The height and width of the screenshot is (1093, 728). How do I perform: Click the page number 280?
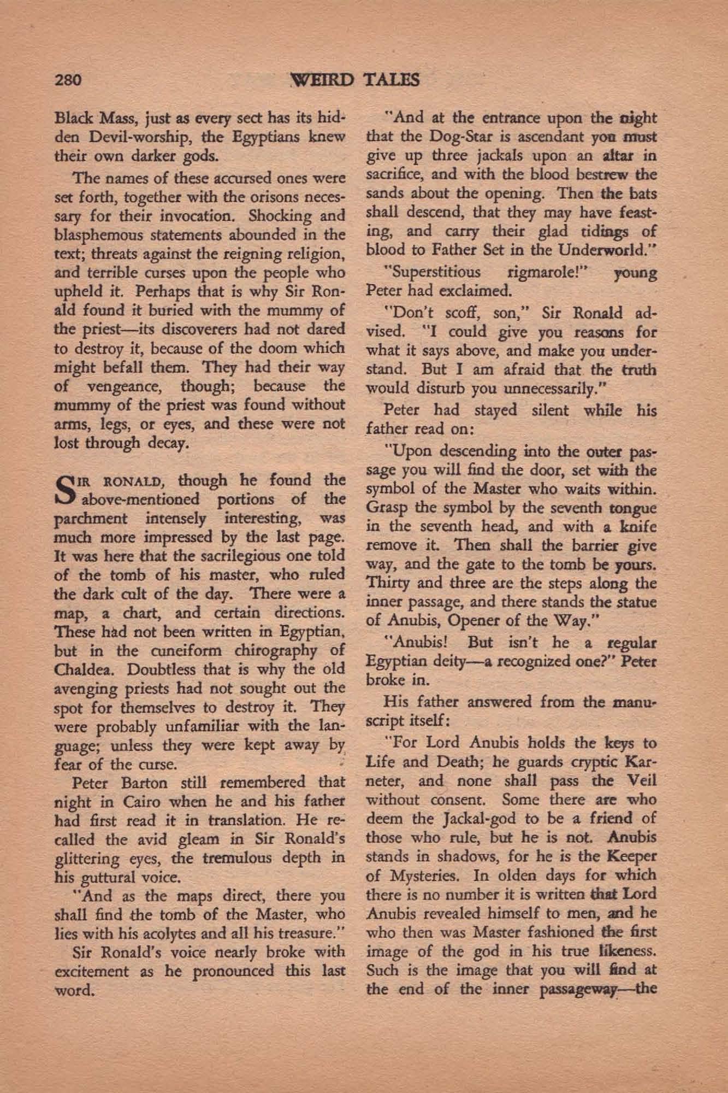68,80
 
